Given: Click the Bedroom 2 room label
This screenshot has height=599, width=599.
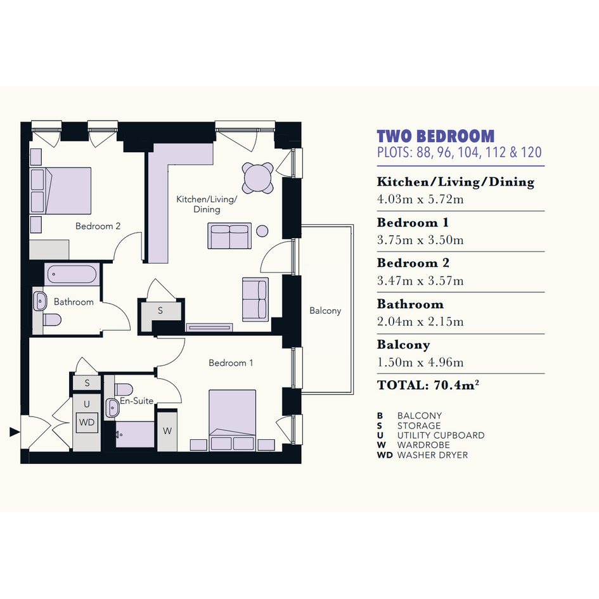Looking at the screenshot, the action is [98, 226].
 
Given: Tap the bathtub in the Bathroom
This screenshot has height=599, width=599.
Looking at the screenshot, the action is [72, 274].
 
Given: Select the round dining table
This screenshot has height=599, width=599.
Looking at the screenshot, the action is [258, 177].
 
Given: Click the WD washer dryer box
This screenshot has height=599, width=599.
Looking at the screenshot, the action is [87, 423].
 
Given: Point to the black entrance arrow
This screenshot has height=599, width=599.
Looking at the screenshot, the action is [15, 432].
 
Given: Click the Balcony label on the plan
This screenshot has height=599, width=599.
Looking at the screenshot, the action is [325, 311].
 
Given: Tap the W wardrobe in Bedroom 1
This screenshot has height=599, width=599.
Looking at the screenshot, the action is [167, 430].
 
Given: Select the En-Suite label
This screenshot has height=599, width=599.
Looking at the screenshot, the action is [137, 401].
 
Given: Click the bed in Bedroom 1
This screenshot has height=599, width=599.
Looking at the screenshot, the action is [232, 420].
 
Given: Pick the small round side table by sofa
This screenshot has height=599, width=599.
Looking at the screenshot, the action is [262, 231].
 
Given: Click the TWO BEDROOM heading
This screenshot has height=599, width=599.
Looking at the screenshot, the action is [435, 136].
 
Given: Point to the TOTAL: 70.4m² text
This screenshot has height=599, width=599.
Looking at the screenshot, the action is [428, 385].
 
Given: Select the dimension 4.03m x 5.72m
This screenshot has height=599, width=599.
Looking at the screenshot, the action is [420, 199].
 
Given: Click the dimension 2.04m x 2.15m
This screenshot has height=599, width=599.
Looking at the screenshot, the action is [420, 321].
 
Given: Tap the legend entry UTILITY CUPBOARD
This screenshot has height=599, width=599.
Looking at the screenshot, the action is [441, 435].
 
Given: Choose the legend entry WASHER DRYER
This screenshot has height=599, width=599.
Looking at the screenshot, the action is [432, 455].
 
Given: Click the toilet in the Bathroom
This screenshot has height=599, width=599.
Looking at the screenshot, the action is [52, 319].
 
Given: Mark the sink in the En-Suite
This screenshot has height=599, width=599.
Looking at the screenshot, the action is [113, 408].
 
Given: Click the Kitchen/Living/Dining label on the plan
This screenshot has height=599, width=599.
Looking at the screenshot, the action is [207, 204].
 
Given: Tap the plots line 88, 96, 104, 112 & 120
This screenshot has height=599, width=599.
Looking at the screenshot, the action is [459, 152].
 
